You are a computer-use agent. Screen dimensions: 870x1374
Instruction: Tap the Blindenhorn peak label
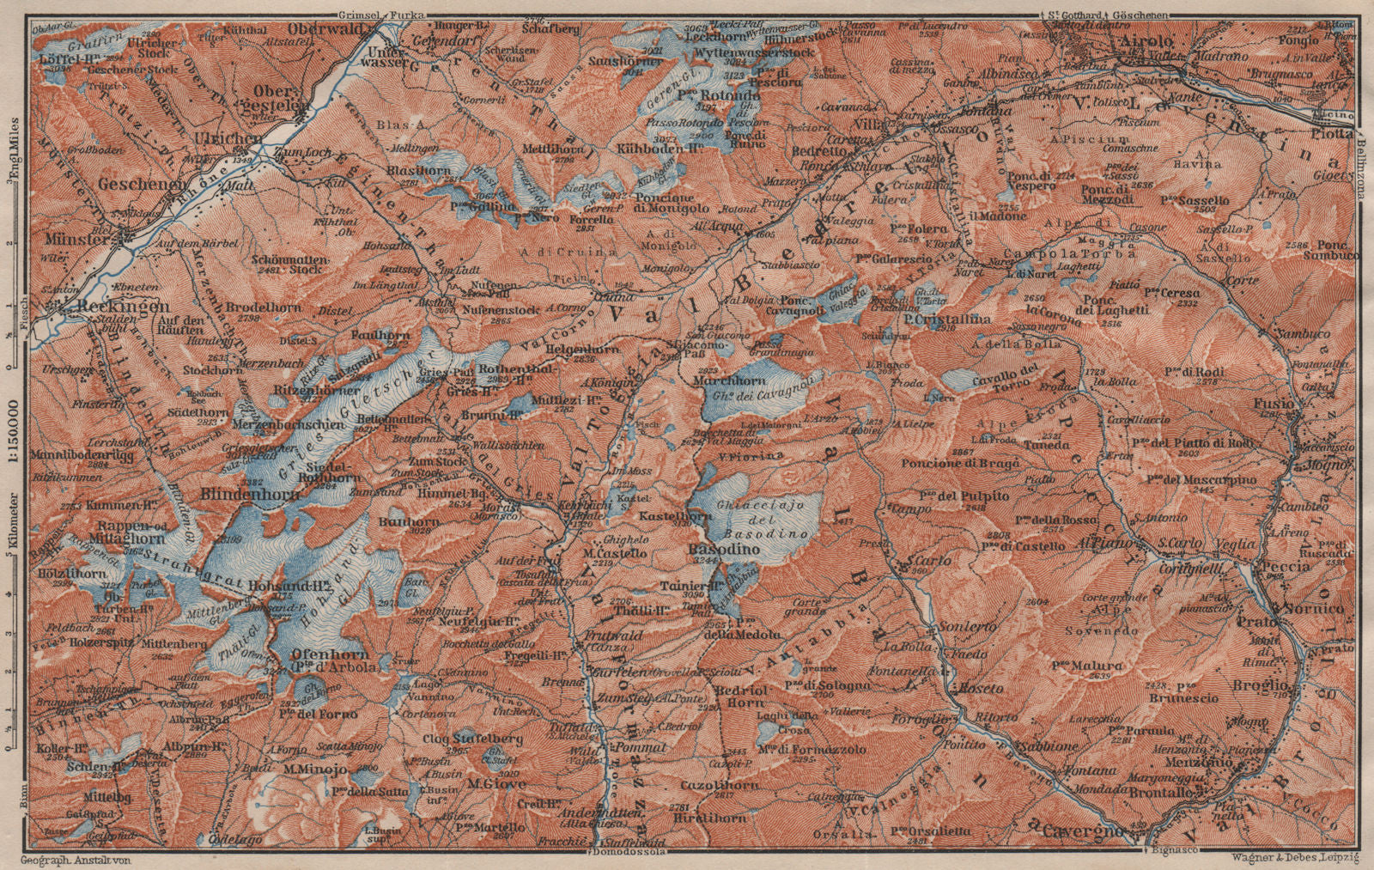(x=249, y=494)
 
